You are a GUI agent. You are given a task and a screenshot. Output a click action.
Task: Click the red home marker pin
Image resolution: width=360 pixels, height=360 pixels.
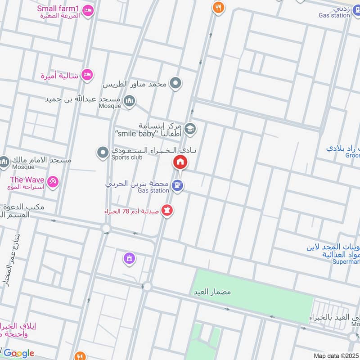[180, 162]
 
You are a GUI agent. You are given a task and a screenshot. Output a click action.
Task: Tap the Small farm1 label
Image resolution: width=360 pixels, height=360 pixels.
[58, 9]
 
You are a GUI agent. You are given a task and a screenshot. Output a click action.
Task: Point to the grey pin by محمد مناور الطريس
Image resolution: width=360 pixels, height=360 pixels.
[176, 83]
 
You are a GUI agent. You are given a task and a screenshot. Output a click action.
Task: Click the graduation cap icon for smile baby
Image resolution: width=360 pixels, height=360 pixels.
[190, 128]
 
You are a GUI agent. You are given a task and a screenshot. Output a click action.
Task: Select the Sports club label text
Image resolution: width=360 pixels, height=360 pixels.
[127, 157]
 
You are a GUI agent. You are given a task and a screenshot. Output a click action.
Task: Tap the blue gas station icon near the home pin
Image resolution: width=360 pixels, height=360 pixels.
[178, 184]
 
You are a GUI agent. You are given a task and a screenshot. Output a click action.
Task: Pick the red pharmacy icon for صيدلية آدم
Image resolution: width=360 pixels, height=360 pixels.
[167, 210]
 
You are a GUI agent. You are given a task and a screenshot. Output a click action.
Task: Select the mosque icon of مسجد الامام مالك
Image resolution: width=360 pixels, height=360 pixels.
[4, 161]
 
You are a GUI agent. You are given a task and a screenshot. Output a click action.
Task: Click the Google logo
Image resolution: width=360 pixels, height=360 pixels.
[18, 353]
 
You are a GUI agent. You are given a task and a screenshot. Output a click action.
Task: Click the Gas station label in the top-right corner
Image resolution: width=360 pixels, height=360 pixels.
[334, 15]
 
